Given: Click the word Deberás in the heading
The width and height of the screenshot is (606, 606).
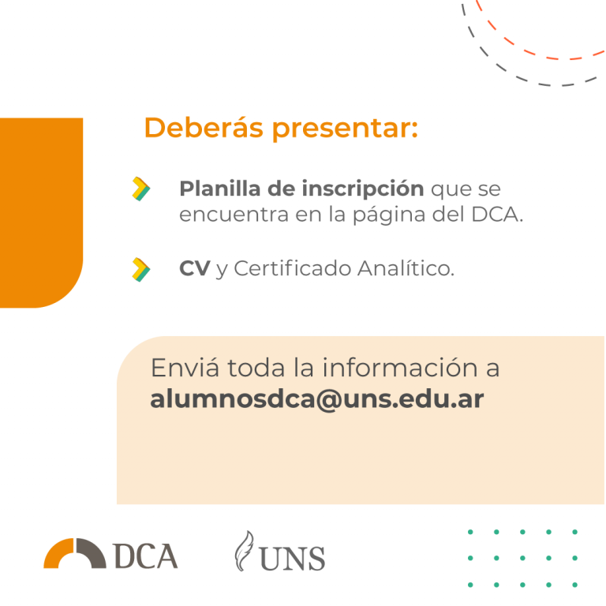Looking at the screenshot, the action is [x=204, y=127].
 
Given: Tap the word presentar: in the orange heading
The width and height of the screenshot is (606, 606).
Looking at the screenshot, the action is [x=345, y=129].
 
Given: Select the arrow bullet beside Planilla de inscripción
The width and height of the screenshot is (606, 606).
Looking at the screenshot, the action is [x=141, y=189].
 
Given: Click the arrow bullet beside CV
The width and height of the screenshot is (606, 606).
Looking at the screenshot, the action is [x=141, y=269].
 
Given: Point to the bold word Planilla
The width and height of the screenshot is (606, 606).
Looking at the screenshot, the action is [x=220, y=189].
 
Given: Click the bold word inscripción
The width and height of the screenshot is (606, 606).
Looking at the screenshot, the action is [x=363, y=189].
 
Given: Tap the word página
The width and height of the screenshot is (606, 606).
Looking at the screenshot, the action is [x=389, y=215].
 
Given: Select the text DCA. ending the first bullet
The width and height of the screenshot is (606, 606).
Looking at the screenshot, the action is [x=498, y=214].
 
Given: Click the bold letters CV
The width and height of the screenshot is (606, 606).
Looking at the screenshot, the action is [x=195, y=268].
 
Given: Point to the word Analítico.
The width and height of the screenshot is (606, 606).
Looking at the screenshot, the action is [x=406, y=267].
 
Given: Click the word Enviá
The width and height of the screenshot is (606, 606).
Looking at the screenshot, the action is [x=185, y=368].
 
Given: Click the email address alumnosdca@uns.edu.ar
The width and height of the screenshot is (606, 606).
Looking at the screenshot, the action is [x=317, y=398].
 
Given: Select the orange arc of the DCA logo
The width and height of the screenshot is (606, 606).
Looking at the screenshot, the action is [x=58, y=553].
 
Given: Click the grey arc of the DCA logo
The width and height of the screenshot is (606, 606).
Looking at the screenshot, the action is [x=92, y=553].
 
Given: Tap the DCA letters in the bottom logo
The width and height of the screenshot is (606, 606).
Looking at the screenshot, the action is [x=146, y=556].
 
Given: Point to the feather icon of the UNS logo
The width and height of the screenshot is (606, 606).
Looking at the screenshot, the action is [x=244, y=551].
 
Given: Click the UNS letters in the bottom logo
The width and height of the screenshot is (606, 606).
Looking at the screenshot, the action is [x=292, y=559].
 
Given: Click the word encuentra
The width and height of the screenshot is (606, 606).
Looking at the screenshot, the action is [x=234, y=215].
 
